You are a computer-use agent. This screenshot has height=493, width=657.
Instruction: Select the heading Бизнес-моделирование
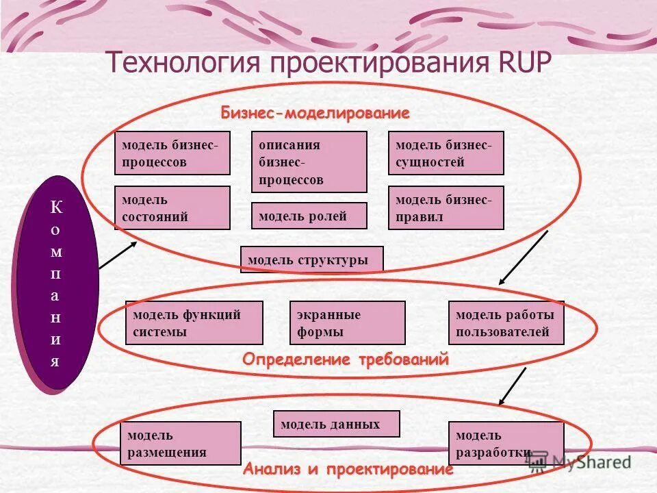tap(315, 112)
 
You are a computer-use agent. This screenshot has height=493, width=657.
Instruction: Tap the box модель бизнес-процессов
tap(172, 153)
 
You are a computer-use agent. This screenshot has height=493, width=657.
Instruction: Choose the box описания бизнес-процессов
tap(309, 162)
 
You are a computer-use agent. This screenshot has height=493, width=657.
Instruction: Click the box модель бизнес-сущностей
tap(446, 153)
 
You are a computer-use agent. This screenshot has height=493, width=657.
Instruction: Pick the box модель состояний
tap(172, 208)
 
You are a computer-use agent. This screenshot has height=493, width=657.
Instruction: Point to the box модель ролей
tap(309, 216)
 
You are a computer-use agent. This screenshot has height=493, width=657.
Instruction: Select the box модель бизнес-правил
tap(446, 208)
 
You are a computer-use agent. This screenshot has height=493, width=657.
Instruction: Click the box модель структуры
tap(311, 260)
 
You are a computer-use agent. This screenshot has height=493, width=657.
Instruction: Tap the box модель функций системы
tap(194, 323)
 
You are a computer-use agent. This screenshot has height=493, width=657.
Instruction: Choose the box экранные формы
tap(347, 323)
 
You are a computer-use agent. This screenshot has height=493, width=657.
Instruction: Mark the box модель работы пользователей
tap(506, 323)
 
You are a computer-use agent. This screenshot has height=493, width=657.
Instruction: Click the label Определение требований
tap(346, 359)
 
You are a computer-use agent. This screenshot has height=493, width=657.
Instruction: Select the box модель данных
tap(336, 424)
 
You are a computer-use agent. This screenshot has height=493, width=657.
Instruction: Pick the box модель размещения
tap(181, 443)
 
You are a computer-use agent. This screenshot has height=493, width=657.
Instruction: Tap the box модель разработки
tap(506, 443)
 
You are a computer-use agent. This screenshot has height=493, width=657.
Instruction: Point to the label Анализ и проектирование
tap(348, 470)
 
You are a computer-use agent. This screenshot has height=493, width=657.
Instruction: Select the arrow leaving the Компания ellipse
tap(117, 254)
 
